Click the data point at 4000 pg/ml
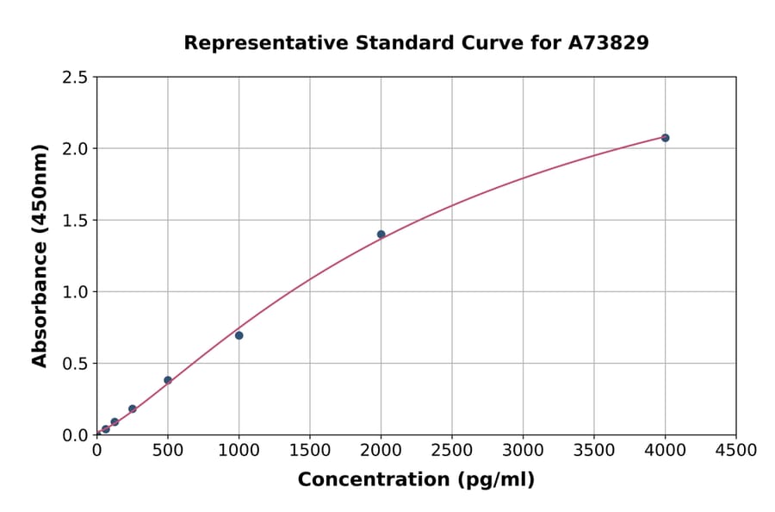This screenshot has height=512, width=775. [665, 138]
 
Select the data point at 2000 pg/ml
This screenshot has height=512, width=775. [381, 234]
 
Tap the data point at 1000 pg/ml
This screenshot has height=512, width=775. [239, 335]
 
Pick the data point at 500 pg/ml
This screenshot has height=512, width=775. [168, 380]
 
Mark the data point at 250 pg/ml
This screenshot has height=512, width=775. [133, 409]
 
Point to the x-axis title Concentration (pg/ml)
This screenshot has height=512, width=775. [416, 480]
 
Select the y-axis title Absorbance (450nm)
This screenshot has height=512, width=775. [40, 256]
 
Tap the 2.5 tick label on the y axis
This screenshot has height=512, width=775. [76, 78]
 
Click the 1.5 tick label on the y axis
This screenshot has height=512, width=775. [76, 221]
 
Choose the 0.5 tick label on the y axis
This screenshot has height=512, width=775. [76, 364]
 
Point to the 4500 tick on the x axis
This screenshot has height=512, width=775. [735, 451]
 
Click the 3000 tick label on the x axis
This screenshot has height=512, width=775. [523, 451]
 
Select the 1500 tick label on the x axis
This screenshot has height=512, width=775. [310, 451]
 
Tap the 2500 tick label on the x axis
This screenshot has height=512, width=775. [452, 451]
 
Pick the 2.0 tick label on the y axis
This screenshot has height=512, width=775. [76, 149]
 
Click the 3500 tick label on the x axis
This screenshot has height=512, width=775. [594, 451]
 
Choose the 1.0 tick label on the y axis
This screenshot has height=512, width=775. [76, 292]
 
